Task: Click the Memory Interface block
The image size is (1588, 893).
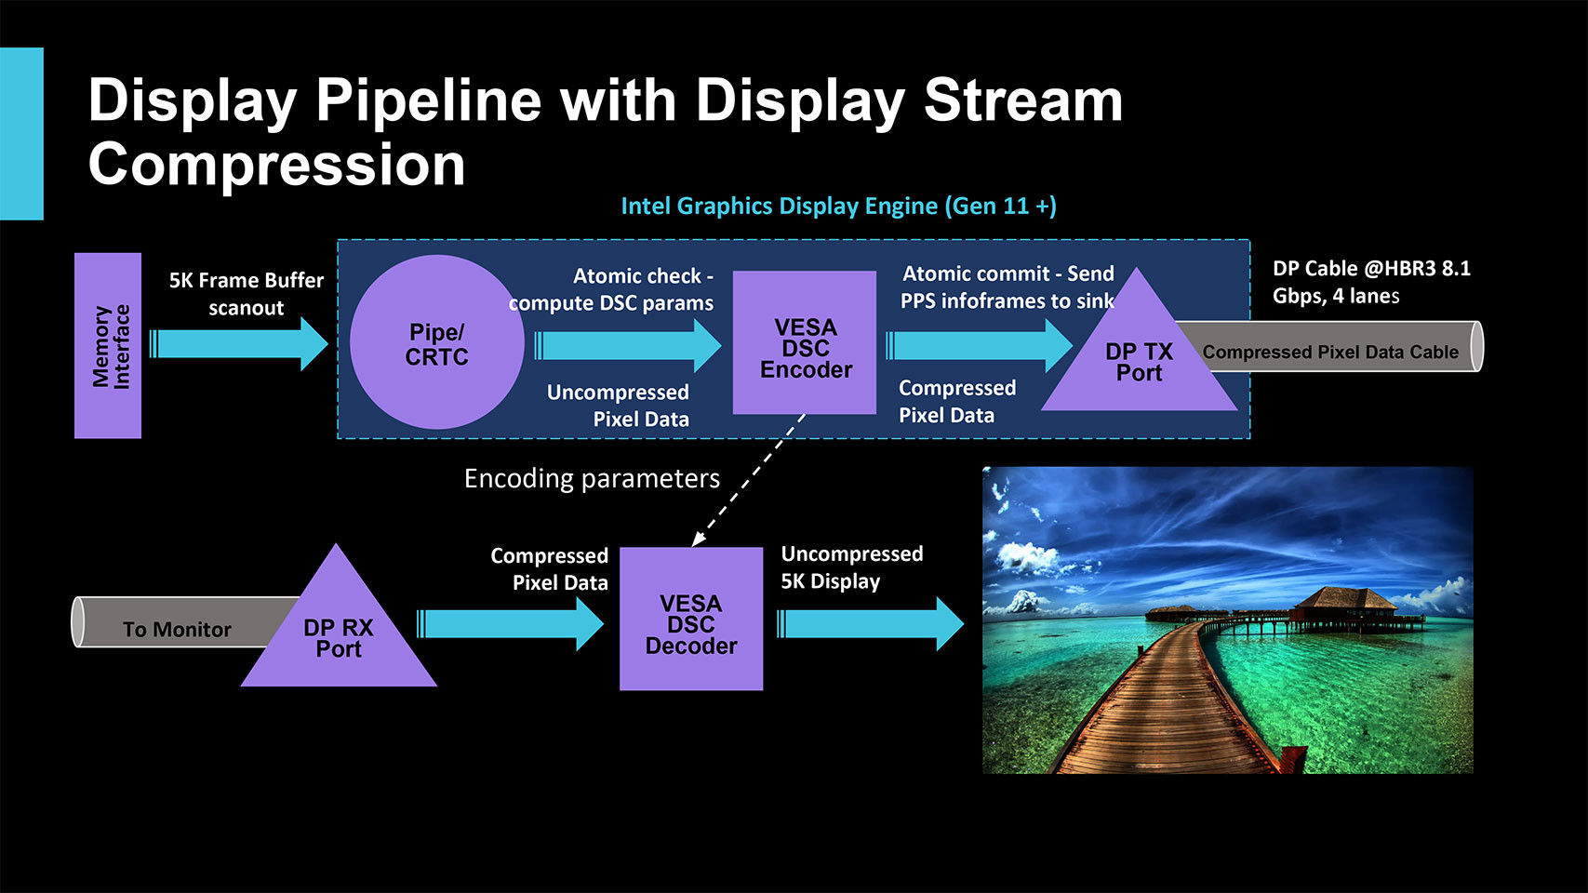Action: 108,345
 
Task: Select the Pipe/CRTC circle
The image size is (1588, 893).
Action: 436,343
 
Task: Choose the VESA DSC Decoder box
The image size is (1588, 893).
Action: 691,620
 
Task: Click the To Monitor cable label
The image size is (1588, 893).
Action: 177,630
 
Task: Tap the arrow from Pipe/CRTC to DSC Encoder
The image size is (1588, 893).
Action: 629,345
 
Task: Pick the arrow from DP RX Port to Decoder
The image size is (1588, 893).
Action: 511,623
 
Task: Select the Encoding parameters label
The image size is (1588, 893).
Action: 592,478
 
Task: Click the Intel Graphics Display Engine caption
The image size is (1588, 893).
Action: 838,206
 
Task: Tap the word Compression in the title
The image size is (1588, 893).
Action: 276,166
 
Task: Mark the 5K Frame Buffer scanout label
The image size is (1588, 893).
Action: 247,294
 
